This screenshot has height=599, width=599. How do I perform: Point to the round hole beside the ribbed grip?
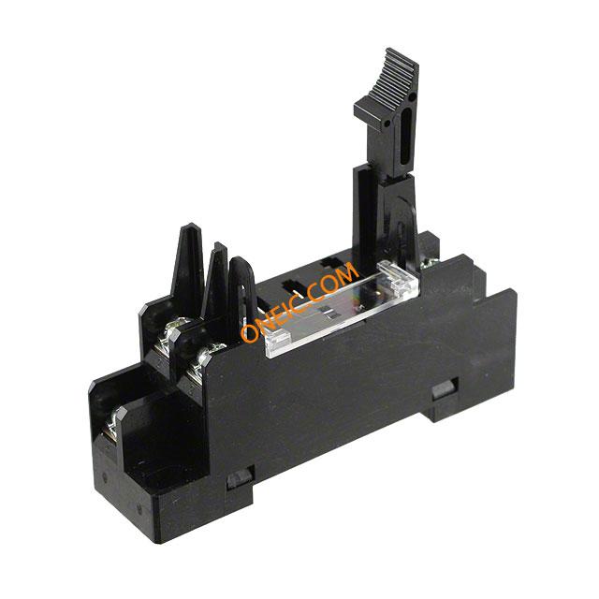[x=412, y=97]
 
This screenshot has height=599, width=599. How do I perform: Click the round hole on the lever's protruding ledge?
[x=387, y=124]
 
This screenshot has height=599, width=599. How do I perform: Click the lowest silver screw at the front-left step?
[x=110, y=424]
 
